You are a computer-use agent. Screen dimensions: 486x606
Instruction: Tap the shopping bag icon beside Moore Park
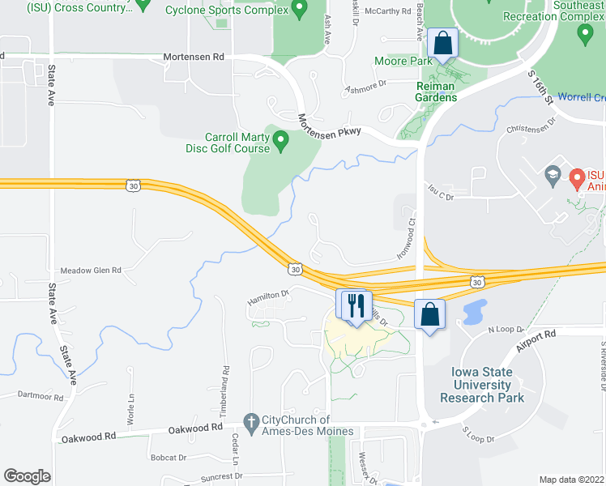pos(443,45)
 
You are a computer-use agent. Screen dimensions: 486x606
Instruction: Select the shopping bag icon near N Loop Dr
pos(429,313)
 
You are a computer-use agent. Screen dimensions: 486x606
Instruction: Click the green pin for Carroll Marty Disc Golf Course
pos(281,142)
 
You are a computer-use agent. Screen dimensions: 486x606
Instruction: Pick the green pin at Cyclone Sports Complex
pos(299,11)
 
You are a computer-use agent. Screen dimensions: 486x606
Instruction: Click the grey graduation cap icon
pos(552,174)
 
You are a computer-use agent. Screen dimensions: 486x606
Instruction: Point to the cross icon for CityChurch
pos(252,421)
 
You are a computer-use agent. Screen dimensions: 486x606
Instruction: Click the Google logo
pos(27,475)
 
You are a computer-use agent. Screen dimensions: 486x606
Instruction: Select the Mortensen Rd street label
pos(193,58)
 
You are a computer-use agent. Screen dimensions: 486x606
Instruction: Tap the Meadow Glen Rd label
pos(91,271)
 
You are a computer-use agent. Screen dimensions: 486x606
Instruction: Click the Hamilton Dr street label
pos(267,299)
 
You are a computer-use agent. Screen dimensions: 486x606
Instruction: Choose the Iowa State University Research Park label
pos(482,385)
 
